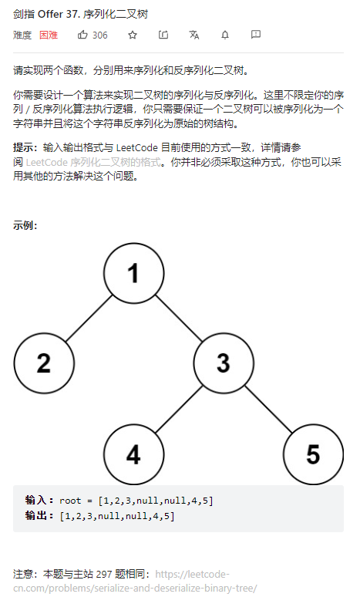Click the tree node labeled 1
click(134, 273)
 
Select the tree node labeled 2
click(44, 363)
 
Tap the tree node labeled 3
click(224, 363)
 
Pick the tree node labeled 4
click(134, 454)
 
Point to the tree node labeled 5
click(314, 454)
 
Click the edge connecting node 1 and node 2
click(89, 318)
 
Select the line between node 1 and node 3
click(179, 318)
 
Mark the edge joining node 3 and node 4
click(179, 409)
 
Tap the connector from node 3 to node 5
click(269, 409)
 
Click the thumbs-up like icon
click(82, 35)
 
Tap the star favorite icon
click(133, 35)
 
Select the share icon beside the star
click(163, 35)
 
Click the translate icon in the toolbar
click(194, 35)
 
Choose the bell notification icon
click(225, 35)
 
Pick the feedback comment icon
click(256, 35)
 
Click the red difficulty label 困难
click(49, 35)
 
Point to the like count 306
click(100, 35)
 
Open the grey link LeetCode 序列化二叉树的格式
click(93, 162)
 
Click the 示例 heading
click(25, 225)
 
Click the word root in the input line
click(70, 501)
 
